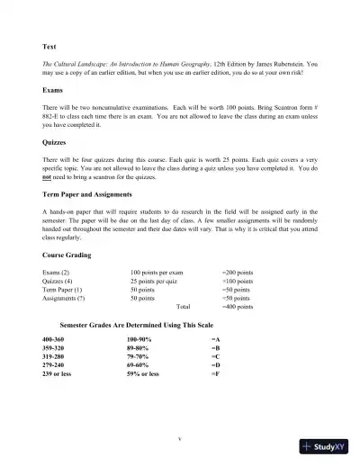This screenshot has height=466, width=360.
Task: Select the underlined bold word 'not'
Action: [x=49, y=179]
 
